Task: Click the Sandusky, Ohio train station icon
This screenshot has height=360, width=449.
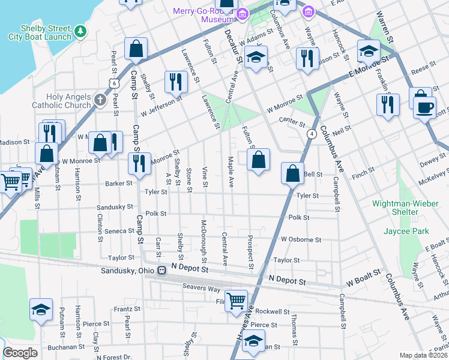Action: click(x=161, y=270)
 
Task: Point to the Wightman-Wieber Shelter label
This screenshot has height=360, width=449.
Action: click(x=404, y=208)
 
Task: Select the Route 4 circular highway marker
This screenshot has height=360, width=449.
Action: click(x=312, y=134)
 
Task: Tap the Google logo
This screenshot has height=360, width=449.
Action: click(x=20, y=353)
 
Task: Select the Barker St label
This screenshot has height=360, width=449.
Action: click(x=118, y=183)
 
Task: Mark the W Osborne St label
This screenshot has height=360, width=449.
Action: click(x=301, y=239)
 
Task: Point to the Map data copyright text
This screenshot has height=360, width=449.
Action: click(x=424, y=355)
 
